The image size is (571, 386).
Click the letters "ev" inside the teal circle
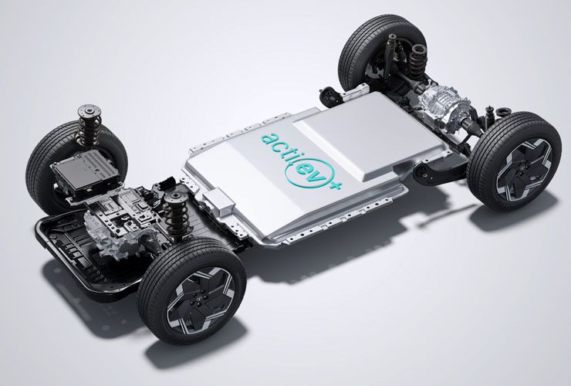(x=309, y=171)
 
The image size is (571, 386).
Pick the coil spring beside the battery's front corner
(x=177, y=216)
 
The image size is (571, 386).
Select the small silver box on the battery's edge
(x=218, y=202)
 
